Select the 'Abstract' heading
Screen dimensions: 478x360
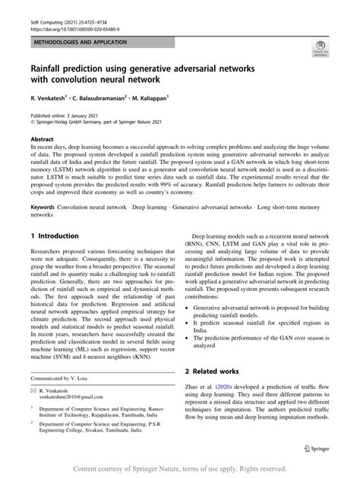pos(42,140)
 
